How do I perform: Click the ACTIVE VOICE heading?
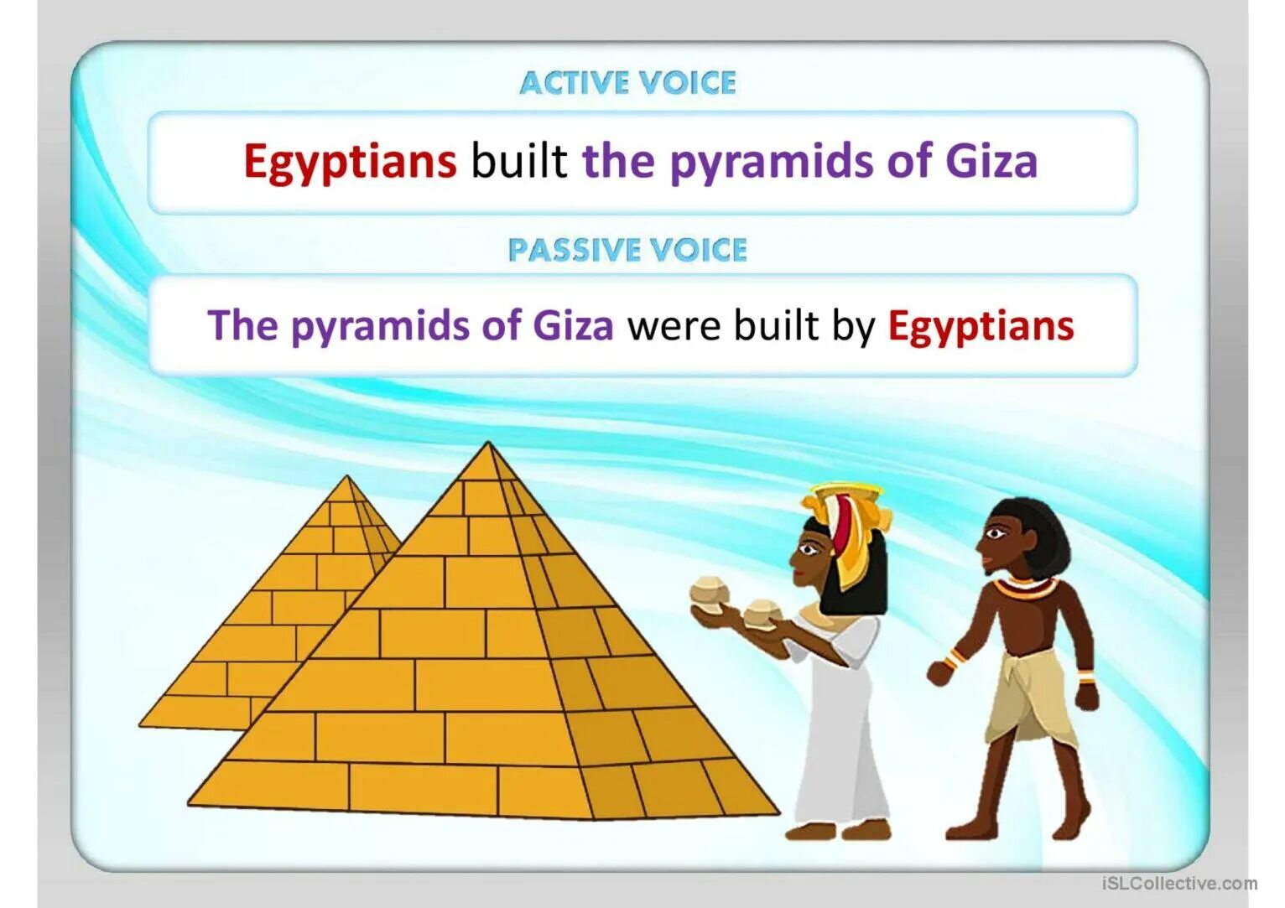pos(627,83)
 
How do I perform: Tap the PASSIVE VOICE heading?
pos(627,250)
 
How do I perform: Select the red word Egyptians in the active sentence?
pos(350,161)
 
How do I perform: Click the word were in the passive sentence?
pos(675,326)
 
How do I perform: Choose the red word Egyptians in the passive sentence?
pos(981,327)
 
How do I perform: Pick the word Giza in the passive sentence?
pos(573,325)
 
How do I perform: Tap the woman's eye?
pos(806,550)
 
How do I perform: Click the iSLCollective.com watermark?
pos(1178,883)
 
